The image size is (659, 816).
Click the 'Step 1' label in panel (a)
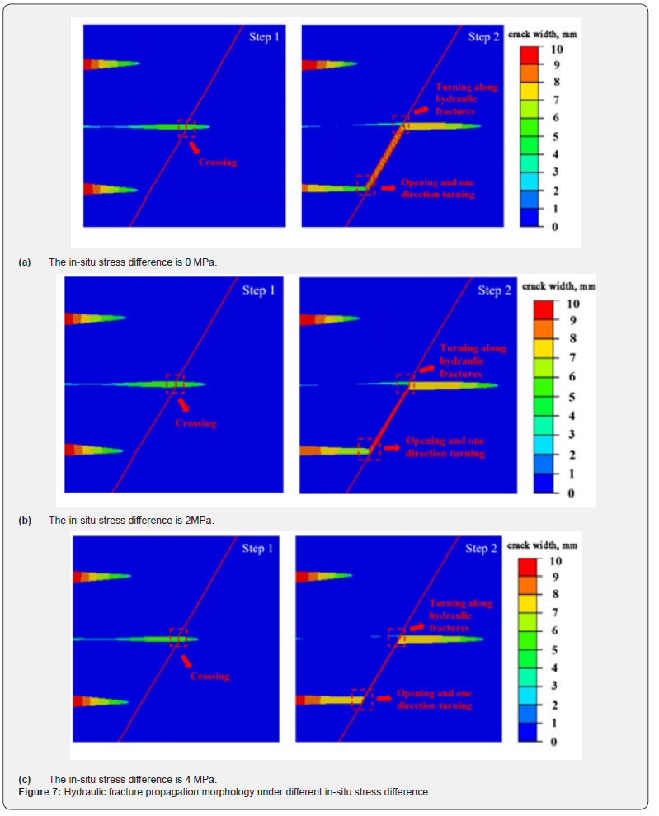[x=265, y=37]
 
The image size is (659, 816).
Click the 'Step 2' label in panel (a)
[x=484, y=37]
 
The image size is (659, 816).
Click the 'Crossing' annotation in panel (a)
[x=217, y=163]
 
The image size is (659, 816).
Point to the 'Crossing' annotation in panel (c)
[x=209, y=677]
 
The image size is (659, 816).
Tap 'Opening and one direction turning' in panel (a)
[x=437, y=188]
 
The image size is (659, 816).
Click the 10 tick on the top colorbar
[x=556, y=50]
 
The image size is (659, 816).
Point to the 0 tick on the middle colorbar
[x=570, y=493]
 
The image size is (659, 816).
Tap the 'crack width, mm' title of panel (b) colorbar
[x=558, y=286]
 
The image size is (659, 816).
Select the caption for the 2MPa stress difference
[x=131, y=521]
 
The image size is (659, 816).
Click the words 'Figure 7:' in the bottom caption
[x=39, y=792]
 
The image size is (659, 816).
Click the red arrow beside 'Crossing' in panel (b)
[x=186, y=404]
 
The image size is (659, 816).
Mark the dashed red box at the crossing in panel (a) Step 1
[x=186, y=128]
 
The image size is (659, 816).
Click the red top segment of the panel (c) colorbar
[x=528, y=568]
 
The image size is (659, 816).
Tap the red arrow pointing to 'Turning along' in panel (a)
[x=421, y=109]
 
